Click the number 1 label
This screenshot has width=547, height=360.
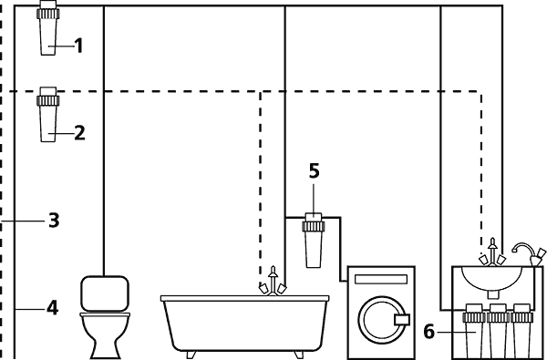(x=78, y=45)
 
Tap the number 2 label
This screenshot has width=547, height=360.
(x=79, y=132)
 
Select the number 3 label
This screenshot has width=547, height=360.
(x=54, y=220)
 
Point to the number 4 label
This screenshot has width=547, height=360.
(x=53, y=308)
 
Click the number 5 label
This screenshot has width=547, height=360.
(x=314, y=170)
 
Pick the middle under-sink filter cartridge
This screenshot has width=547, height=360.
(x=498, y=333)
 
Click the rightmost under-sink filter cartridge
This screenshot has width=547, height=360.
(x=522, y=333)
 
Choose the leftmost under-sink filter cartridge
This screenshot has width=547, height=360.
(x=474, y=333)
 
